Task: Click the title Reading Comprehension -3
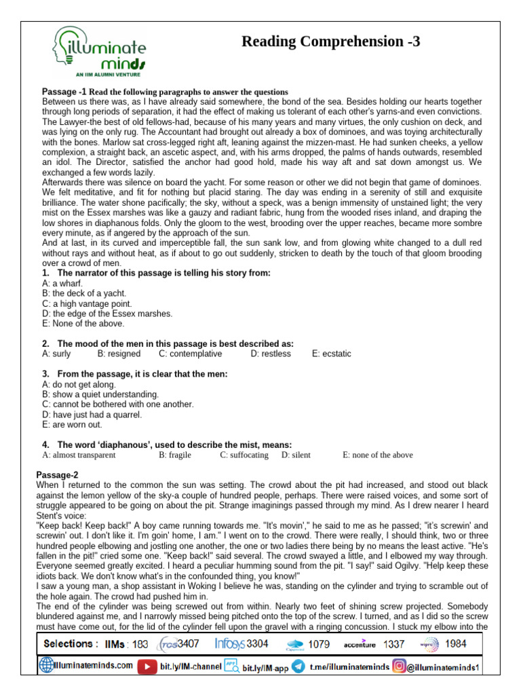(331, 41)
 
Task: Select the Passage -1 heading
(64, 92)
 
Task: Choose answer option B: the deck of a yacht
(84, 293)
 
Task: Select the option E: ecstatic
(332, 354)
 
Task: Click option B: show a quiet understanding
(100, 394)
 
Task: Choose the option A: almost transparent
(79, 455)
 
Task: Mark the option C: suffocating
(244, 455)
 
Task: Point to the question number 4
(45, 445)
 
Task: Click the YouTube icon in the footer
(146, 667)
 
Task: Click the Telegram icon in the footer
(297, 667)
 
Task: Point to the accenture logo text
(359, 644)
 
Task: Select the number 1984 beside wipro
(456, 643)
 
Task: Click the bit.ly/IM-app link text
(265, 668)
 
